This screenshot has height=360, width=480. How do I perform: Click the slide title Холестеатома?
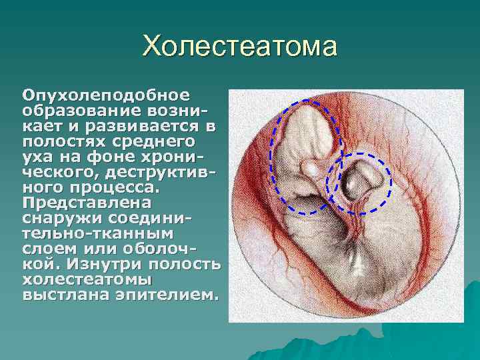pyautogui.click(x=240, y=47)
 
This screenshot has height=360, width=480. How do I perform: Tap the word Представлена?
pyautogui.click(x=87, y=201)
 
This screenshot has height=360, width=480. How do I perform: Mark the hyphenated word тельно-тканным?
pyautogui.click(x=97, y=233)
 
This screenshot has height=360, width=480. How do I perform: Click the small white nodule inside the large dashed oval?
pyautogui.click(x=311, y=169)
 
